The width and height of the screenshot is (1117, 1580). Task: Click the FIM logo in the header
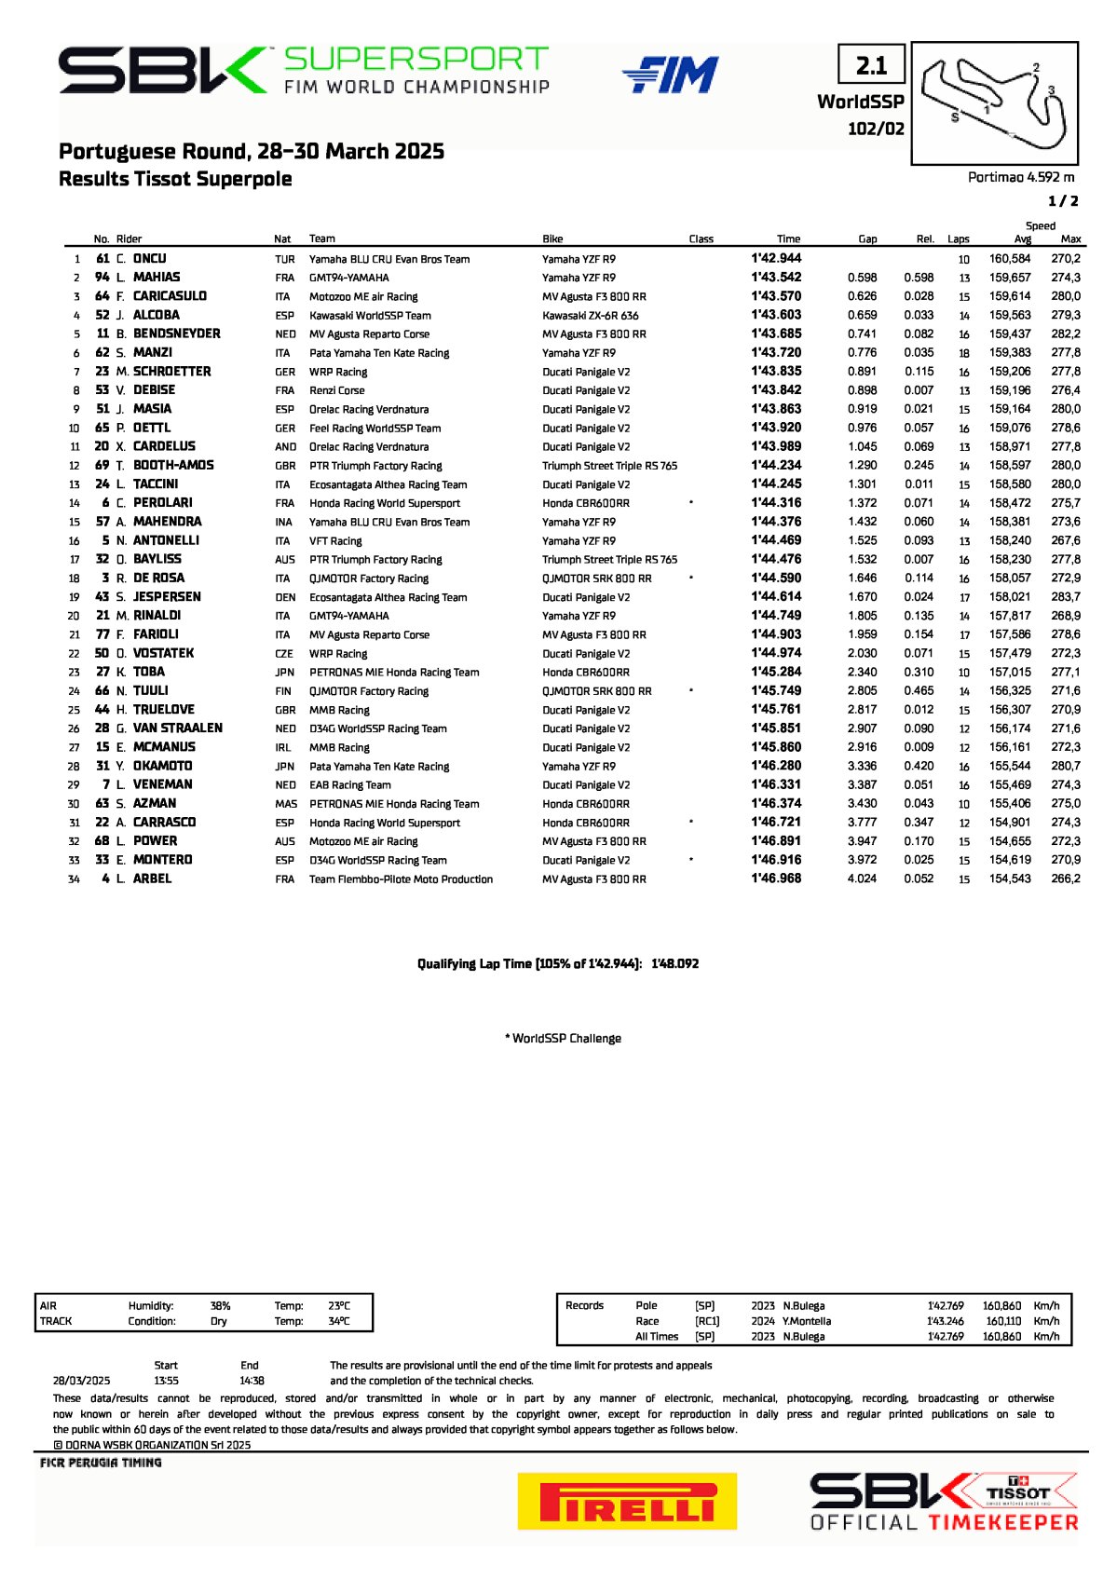(x=670, y=75)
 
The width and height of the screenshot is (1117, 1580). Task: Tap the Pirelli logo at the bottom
(x=627, y=1501)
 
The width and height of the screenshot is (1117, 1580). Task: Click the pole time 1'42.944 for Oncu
(x=776, y=259)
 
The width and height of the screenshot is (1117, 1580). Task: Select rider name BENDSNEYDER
(x=177, y=334)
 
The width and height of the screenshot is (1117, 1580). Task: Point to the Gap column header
(x=867, y=239)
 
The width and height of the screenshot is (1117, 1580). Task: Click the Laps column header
(x=958, y=239)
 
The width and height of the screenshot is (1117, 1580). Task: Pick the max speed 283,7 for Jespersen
(x=1066, y=597)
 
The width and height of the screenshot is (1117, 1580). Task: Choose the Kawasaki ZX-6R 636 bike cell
(x=591, y=316)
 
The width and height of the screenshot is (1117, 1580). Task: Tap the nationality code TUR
(x=285, y=260)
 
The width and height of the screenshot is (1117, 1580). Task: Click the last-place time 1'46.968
(x=776, y=879)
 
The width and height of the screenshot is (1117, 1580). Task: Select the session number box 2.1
(x=871, y=65)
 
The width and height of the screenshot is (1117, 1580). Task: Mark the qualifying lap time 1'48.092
(x=674, y=964)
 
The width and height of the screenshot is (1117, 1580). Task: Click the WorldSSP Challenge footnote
(x=563, y=1039)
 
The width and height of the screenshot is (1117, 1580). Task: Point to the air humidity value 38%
(x=221, y=1306)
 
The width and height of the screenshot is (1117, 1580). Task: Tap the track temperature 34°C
(x=339, y=1321)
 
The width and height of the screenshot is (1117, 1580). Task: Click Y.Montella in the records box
(x=807, y=1321)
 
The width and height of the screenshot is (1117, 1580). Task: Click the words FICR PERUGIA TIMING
(x=101, y=1463)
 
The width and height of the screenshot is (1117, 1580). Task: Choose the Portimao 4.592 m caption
(x=1021, y=177)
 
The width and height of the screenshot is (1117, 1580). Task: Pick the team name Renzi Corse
(x=337, y=390)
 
